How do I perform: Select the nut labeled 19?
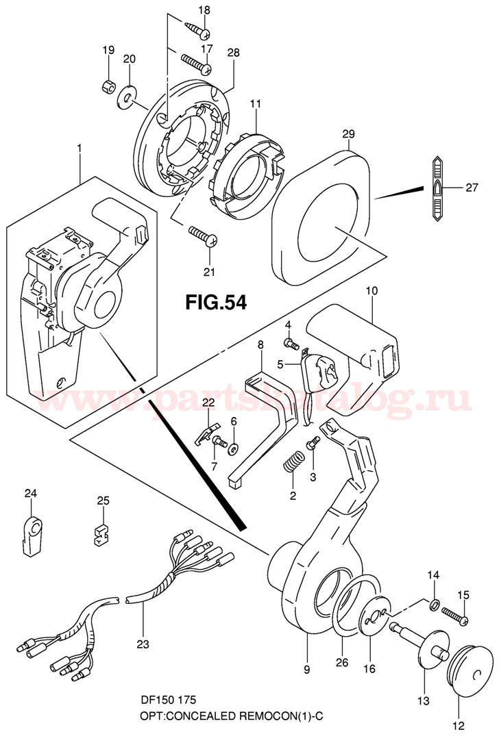(x=108, y=85)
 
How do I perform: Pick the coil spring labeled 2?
(x=293, y=462)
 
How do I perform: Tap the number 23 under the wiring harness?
(x=143, y=643)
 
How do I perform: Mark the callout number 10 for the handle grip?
(x=371, y=291)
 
